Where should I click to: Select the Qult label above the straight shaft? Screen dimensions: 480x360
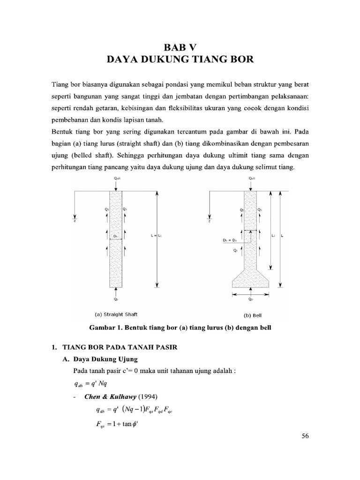click(115, 178)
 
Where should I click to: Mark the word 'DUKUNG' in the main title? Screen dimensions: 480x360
click(169, 60)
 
